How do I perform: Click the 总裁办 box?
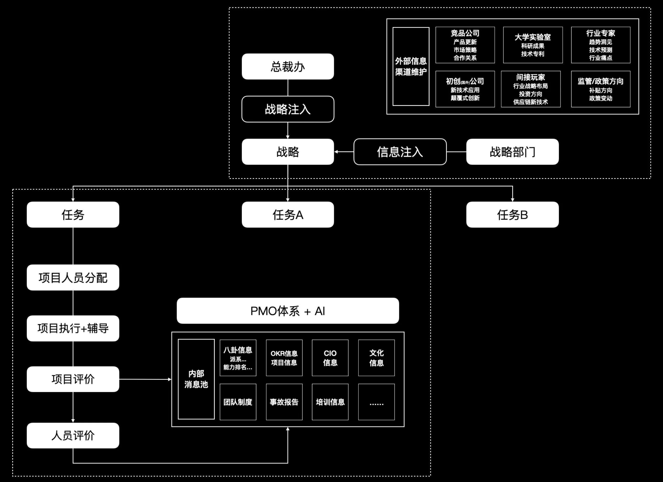point(288,66)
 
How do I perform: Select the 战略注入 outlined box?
point(288,109)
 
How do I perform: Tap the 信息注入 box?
point(400,152)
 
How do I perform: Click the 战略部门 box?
point(512,152)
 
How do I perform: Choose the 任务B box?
point(512,214)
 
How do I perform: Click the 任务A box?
point(288,214)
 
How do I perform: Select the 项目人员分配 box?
point(73,277)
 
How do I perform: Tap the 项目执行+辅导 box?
point(73,328)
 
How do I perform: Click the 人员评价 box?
point(73,435)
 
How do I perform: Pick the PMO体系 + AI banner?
point(288,311)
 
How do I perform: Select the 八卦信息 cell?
point(238,358)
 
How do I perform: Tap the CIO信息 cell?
point(330,358)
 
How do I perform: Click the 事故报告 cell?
point(284,402)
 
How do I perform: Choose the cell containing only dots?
point(376,402)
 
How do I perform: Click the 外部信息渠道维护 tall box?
point(411,66)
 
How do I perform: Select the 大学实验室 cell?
point(533,45)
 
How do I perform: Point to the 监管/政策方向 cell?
point(600,89)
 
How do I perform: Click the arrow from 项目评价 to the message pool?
point(145,379)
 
